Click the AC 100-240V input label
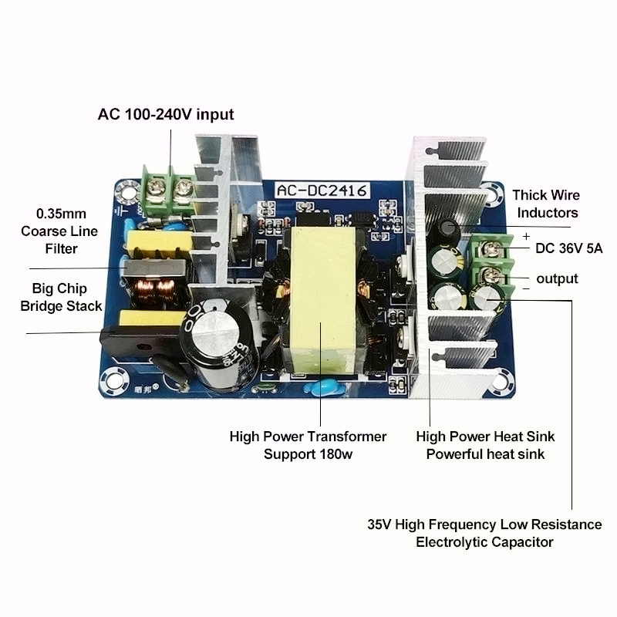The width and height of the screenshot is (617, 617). (165, 115)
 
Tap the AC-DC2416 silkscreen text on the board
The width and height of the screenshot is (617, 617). (323, 188)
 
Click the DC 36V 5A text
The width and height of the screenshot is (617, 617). (568, 248)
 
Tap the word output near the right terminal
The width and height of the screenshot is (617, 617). (557, 278)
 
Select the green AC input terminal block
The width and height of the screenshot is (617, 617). (167, 187)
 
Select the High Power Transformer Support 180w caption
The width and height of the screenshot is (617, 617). (308, 445)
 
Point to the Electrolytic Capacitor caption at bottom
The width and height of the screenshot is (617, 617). (484, 542)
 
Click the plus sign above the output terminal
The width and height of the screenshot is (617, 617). (526, 236)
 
